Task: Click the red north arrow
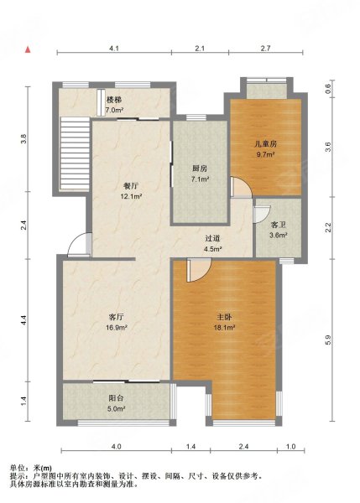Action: [28, 49]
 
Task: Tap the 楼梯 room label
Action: [114, 100]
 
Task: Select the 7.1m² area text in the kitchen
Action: [200, 179]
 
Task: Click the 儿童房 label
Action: [265, 143]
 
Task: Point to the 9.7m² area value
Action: [265, 154]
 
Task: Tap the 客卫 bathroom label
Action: [279, 225]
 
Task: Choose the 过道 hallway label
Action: [213, 238]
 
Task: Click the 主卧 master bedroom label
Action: [224, 317]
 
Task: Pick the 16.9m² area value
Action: [117, 328]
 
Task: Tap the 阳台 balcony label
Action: [117, 398]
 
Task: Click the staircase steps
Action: [75, 153]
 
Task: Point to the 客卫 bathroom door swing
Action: [262, 214]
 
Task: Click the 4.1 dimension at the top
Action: [114, 49]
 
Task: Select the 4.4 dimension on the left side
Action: [23, 320]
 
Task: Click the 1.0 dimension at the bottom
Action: [290, 446]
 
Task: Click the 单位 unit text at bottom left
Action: [17, 468]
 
